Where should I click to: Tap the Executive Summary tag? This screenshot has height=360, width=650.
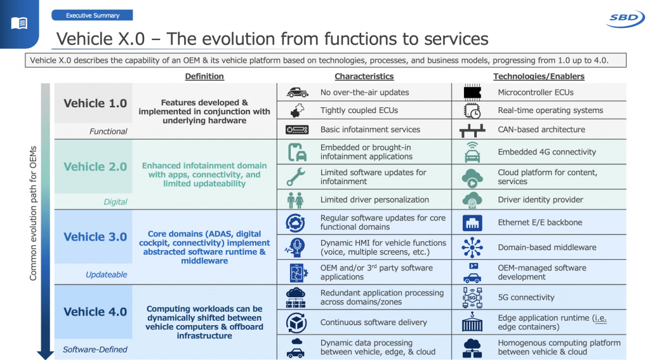92,15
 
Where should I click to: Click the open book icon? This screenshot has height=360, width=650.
20,23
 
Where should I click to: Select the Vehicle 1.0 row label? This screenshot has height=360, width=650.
95,103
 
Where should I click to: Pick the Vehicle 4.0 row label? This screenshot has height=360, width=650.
95,312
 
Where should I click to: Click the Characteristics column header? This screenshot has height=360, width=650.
364,76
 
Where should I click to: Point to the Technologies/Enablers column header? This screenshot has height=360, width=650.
538,76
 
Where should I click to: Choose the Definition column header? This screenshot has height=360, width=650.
204,76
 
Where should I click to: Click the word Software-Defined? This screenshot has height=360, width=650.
95,349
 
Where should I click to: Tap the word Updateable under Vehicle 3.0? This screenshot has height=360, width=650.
107,275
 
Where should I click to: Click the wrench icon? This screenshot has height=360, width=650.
296,177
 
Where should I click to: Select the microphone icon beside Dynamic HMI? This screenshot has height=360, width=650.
296,247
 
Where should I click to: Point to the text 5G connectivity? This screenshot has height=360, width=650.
526,297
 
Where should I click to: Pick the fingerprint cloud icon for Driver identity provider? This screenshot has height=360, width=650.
472,199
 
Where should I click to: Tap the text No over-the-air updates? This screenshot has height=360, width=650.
364,93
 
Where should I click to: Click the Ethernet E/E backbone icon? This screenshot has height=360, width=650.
472,223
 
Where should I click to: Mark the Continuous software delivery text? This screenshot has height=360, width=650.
373,323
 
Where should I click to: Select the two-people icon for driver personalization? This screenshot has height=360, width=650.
296,200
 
